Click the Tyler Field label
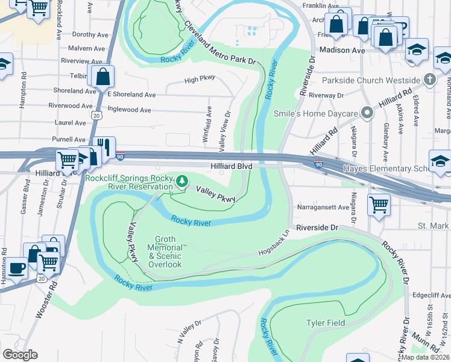tap(326, 323)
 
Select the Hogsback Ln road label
tap(274, 243)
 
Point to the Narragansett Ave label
tap(323, 207)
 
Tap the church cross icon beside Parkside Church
tap(429, 80)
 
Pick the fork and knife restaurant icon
tap(104, 147)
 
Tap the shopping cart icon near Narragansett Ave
tap(379, 205)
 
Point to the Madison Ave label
tap(342, 51)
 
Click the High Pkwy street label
tap(200, 80)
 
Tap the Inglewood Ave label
tap(129, 110)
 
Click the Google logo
tap(20, 355)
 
